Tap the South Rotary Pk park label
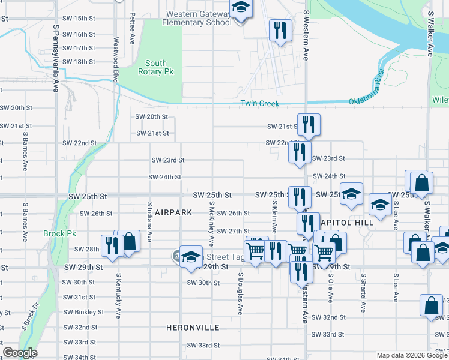pyautogui.click(x=156, y=67)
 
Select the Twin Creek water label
pyautogui.click(x=260, y=104)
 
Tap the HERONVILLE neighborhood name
pyautogui.click(x=193, y=328)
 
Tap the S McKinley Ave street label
pyautogui.click(x=211, y=223)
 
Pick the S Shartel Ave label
pyautogui.click(x=363, y=293)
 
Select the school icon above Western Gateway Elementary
pyautogui.click(x=240, y=8)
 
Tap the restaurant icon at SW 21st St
pyautogui.click(x=309, y=125)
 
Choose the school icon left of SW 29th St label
pyautogui.click(x=191, y=256)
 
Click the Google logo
pyautogui.click(x=20, y=353)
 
